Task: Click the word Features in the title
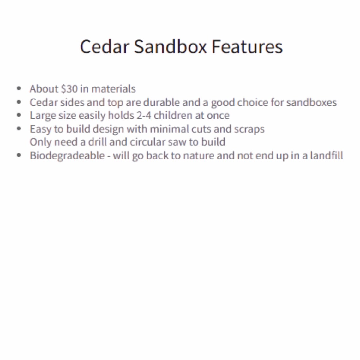247,47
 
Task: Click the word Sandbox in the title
170,47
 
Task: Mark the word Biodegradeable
67,156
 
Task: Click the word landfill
326,156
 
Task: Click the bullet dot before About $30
19,89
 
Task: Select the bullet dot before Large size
19,116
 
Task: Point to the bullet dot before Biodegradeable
19,155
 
